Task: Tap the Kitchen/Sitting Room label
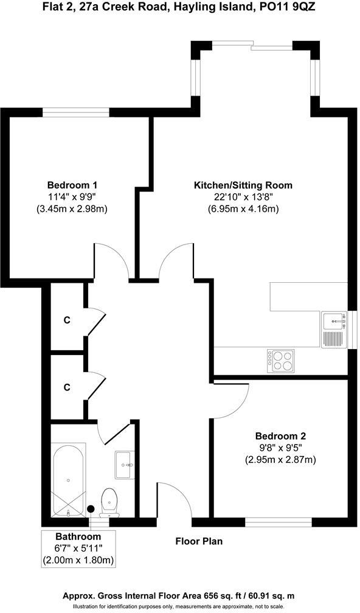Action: [x=243, y=185]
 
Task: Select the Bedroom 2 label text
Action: [x=280, y=435]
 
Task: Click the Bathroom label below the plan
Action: [x=78, y=537]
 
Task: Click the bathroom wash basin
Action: [x=125, y=465]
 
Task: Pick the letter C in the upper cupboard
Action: [x=67, y=319]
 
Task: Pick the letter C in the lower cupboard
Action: [x=67, y=387]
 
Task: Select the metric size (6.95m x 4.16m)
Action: [x=243, y=209]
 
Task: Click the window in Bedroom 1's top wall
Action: [x=76, y=111]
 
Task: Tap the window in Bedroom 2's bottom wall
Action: [x=278, y=521]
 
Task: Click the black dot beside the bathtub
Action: [x=91, y=508]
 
